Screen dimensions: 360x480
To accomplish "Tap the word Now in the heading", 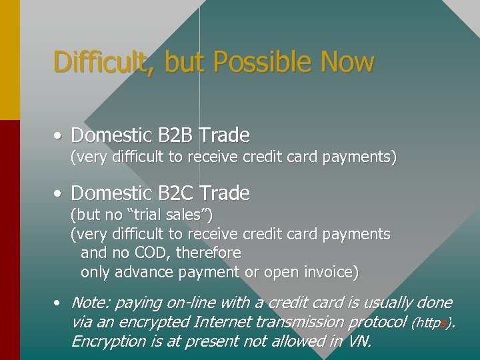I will point(347,62).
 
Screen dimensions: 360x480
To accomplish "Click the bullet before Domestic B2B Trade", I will point(59,136).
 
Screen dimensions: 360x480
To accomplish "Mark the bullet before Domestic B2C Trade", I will point(59,194).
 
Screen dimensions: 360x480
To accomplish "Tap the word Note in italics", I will point(90,303).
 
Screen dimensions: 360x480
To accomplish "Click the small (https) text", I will point(433,323).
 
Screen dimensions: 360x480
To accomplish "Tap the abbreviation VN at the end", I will point(356,341).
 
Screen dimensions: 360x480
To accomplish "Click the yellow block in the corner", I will point(9,60).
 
